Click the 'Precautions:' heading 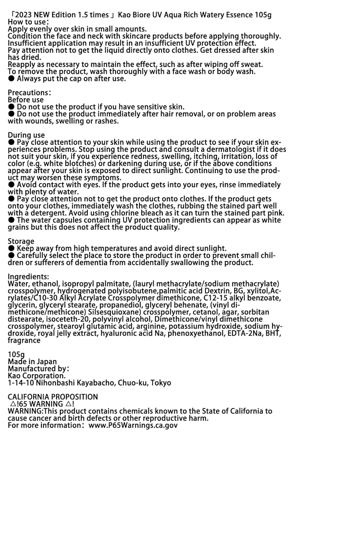tap(30, 93)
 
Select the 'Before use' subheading tap(26, 100)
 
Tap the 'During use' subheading tap(26, 135)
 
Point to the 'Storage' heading tap(21, 241)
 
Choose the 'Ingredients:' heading tap(28, 276)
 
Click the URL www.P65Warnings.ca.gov tap(133, 425)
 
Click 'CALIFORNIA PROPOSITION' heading tap(53, 397)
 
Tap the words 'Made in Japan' tap(32, 361)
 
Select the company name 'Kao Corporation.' tap(37, 375)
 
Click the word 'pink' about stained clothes tap(275, 213)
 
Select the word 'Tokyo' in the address tap(161, 383)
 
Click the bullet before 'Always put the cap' tap(12, 78)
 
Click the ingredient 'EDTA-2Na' tap(247, 333)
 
